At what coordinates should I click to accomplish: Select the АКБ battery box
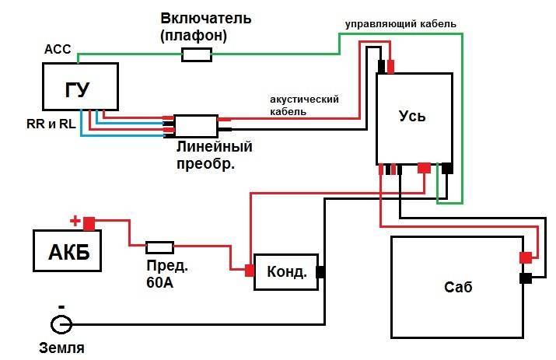point(68,252)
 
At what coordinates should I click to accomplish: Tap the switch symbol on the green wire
point(197,54)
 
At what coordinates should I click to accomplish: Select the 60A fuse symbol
point(159,247)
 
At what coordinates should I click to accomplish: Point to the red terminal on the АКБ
point(89,224)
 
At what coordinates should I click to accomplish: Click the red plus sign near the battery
point(75,221)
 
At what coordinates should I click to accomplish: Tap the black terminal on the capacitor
point(320,272)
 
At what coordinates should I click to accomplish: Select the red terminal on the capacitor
point(250,271)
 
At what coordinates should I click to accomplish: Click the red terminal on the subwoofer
point(526,258)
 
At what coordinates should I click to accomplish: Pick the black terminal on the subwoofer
point(526,278)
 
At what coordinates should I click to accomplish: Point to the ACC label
point(58,50)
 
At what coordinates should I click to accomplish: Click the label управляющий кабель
point(400,24)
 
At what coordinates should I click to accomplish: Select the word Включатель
point(205,17)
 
